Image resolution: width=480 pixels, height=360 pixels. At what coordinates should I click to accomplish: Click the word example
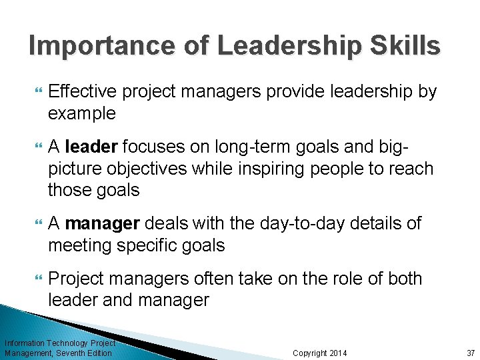click(82, 113)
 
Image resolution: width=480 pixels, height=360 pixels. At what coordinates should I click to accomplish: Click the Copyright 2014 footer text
click(320, 353)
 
